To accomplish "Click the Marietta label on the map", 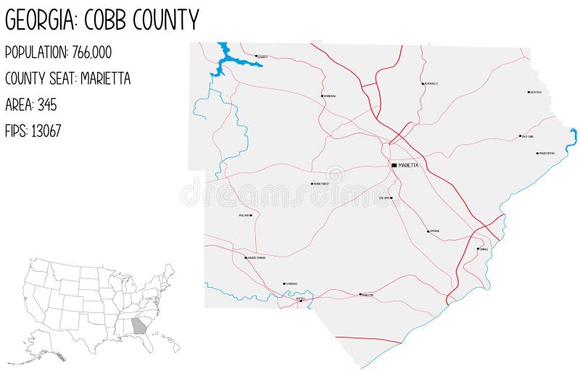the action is [x=408, y=165].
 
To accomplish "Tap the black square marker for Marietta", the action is [x=394, y=165].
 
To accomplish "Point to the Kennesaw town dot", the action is [x=322, y=96].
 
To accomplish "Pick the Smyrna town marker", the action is [x=428, y=232].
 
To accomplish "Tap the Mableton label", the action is [x=368, y=295].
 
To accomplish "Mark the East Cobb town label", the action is [x=528, y=136].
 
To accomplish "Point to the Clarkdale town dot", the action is [x=284, y=284].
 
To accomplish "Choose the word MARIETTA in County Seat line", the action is [x=105, y=79].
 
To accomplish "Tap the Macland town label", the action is [x=243, y=215].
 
